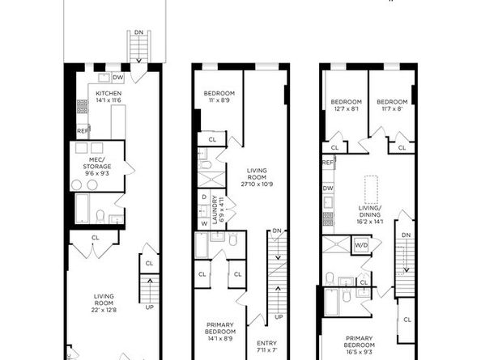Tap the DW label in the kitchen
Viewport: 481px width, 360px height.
coord(118,78)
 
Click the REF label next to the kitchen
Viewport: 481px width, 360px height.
coord(82,130)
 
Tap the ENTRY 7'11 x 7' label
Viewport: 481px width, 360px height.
coord(266,345)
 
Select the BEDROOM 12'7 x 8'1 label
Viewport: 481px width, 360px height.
coord(343,104)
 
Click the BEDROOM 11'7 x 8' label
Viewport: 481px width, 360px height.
coord(389,104)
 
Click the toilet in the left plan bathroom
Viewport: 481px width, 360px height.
coord(99,215)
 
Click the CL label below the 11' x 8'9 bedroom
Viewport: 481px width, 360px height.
coord(212,140)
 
